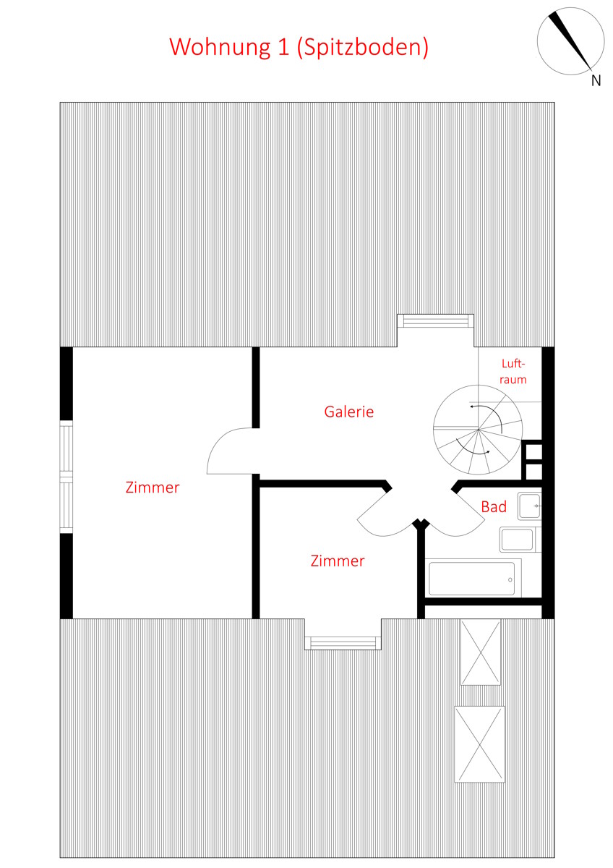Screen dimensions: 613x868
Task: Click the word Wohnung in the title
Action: click(220, 47)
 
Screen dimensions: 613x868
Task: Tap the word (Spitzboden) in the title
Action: click(363, 48)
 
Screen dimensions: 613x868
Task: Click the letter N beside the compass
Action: click(596, 80)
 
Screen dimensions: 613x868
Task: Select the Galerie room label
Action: click(349, 412)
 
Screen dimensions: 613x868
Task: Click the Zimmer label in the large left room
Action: click(153, 487)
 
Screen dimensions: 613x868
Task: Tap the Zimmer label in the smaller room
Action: click(338, 561)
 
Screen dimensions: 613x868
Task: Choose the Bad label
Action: click(494, 507)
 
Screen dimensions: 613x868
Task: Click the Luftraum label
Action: click(513, 371)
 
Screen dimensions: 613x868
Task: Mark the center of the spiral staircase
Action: click(479, 430)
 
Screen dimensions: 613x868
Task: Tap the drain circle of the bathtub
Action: click(510, 579)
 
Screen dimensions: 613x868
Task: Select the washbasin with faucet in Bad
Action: click(529, 506)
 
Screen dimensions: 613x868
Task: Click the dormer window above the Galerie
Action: click(435, 320)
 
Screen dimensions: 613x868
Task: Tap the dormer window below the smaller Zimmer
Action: click(343, 643)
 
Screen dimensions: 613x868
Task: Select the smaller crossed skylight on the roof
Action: click(480, 652)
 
